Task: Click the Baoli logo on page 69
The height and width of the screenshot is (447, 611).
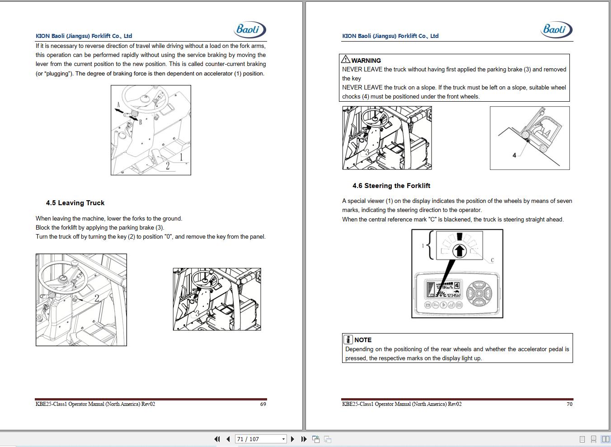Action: tap(250, 29)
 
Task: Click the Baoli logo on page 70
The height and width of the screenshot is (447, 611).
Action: tap(556, 29)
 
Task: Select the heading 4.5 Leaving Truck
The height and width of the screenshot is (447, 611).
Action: tap(75, 203)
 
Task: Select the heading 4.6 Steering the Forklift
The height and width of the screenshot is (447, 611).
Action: tap(391, 186)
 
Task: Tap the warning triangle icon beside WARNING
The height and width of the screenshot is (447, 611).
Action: tap(346, 59)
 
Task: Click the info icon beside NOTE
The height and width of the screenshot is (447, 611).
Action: tap(348, 339)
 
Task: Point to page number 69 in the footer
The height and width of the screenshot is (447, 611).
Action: tap(263, 404)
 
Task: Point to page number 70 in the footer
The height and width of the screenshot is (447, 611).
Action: tap(569, 404)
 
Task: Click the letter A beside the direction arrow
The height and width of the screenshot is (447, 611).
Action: tap(118, 105)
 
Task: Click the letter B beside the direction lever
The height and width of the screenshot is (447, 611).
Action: tap(141, 122)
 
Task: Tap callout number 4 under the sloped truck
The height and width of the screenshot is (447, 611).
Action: tap(514, 155)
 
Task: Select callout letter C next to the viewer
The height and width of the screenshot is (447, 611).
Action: tap(492, 260)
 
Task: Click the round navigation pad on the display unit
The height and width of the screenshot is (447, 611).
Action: tap(479, 294)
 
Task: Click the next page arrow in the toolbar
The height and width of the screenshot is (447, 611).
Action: tap(292, 439)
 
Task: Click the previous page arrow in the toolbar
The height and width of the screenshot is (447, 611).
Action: tap(228, 439)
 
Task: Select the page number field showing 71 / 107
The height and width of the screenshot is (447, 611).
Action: tap(261, 439)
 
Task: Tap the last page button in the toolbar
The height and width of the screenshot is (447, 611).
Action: tap(304, 439)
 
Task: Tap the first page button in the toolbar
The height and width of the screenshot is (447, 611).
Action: tap(217, 439)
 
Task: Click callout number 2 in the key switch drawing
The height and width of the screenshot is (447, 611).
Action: tap(97, 298)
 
